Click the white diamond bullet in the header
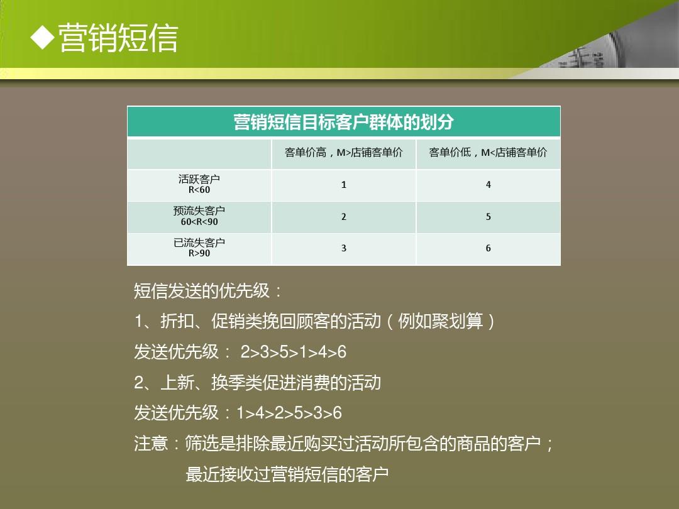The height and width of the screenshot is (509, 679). (43, 38)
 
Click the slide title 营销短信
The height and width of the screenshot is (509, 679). (118, 38)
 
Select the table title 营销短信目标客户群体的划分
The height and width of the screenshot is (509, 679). (343, 122)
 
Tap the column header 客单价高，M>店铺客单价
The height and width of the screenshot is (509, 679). (343, 152)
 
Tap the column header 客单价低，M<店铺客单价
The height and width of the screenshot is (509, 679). (488, 152)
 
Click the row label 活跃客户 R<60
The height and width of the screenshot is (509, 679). (199, 184)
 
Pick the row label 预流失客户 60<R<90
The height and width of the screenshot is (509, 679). (199, 216)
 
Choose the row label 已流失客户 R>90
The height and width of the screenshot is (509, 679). (199, 248)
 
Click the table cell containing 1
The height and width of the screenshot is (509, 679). (344, 185)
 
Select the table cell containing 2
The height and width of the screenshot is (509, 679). (344, 217)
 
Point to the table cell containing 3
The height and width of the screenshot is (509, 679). (344, 248)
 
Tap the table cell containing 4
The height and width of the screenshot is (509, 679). (489, 185)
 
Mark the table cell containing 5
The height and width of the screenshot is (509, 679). (489, 217)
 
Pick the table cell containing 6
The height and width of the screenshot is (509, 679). (489, 248)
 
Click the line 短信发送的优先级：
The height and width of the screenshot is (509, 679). (207, 291)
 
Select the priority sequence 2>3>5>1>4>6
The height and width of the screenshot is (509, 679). (293, 352)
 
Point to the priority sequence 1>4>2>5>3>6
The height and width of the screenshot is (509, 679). (289, 413)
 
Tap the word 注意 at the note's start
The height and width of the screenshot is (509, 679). (151, 444)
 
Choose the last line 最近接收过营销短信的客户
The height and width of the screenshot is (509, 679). (287, 474)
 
